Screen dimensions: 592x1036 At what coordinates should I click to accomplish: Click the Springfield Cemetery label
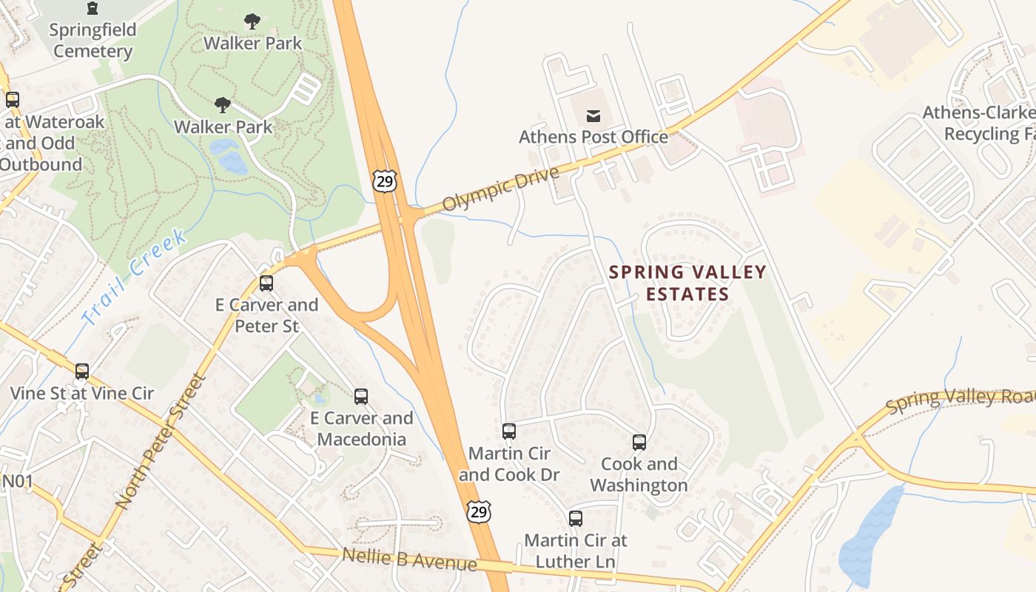point(92,41)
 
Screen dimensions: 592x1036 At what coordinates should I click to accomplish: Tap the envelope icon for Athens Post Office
point(593,115)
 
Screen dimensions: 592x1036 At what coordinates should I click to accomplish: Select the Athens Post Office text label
point(593,137)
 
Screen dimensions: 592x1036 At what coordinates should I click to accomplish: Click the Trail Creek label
point(134,277)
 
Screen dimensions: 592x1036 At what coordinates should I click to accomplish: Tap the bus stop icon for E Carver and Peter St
point(266,283)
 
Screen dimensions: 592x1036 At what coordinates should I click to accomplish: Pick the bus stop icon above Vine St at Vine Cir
point(82,371)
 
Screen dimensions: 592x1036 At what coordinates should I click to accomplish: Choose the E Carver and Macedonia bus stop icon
point(361,396)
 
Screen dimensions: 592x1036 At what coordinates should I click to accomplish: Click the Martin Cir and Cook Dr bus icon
point(509,431)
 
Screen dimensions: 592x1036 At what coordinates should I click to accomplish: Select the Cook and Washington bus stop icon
point(639,443)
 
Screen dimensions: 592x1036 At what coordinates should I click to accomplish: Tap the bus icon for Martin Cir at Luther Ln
point(576,519)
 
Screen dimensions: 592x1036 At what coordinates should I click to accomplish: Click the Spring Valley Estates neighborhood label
point(687,283)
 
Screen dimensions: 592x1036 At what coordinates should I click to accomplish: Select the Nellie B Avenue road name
point(409,559)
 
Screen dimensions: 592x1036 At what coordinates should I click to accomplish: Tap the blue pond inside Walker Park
point(230,157)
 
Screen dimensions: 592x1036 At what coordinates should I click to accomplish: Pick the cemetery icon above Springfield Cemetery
point(92,8)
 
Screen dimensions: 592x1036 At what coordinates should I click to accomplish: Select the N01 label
point(16,482)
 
